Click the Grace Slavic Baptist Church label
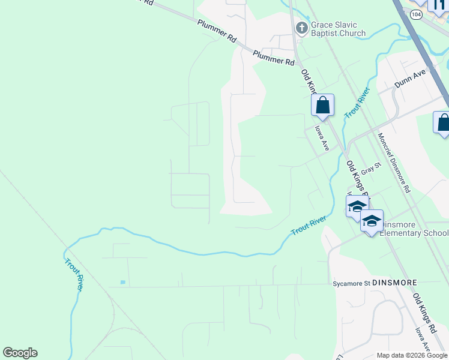click(338, 29)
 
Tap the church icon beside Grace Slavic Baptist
click(301, 28)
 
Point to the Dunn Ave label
click(409, 78)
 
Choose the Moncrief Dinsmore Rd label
click(394, 162)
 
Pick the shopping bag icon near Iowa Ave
click(322, 106)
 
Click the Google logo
click(20, 353)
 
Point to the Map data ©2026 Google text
click(411, 355)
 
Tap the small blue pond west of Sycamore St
click(122, 282)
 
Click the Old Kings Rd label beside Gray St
click(357, 176)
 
